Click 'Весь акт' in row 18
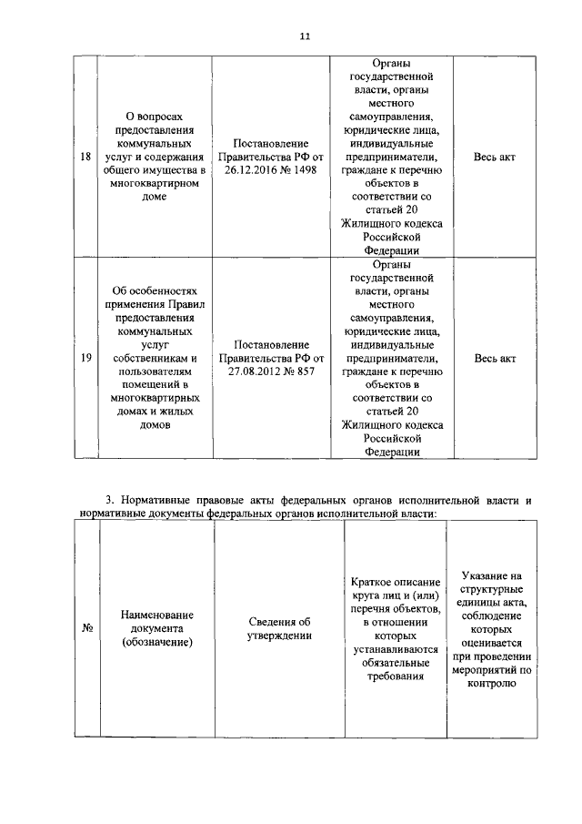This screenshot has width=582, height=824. (495, 158)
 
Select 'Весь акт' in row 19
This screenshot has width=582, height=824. (495, 358)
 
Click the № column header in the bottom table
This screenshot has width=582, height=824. (88, 629)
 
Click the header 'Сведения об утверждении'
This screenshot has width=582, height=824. (279, 629)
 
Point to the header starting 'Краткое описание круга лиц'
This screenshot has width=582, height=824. (395, 629)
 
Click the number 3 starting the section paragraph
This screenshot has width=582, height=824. (109, 500)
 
